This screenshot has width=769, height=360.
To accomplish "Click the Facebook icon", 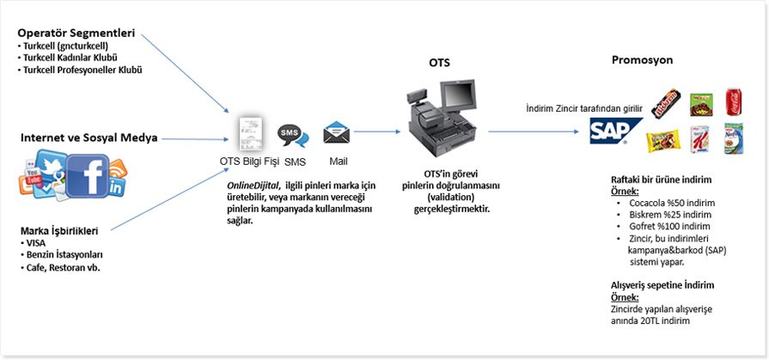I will pos(88,174).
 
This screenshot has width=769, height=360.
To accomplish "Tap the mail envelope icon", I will pos(336,134).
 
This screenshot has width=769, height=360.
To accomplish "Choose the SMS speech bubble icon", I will pos(292,137).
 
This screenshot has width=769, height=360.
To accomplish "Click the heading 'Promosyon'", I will pos(642,60).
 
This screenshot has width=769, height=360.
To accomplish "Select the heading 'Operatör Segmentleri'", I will pos(76,34).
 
